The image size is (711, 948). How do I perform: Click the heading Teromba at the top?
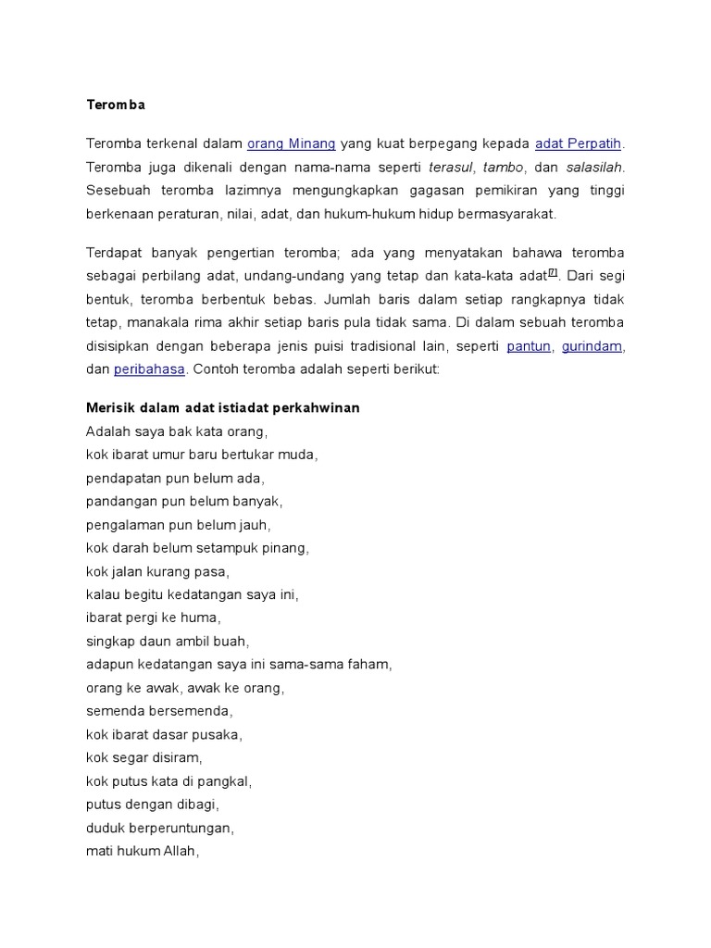pos(116,105)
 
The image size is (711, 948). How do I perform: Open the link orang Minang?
pos(291,143)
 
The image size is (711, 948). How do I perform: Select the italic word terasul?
pos(452,168)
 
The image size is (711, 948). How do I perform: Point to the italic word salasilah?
pos(594,168)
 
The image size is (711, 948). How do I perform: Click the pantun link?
pos(530,346)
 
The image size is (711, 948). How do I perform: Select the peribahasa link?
pos(150,369)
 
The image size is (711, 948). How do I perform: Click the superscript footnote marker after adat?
pos(553,272)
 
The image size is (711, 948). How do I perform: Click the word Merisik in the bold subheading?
pos(110,407)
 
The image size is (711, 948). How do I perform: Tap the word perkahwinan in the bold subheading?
pos(316,407)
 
